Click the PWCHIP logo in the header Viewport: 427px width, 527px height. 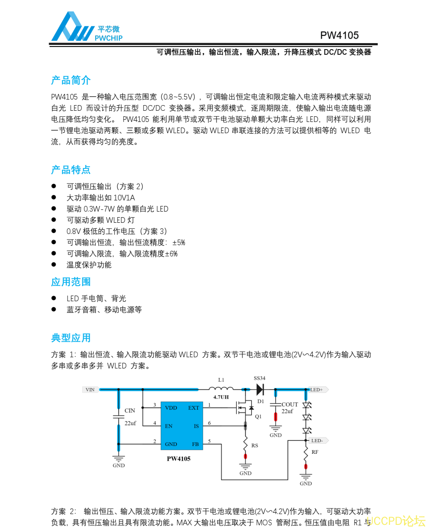pos(87,27)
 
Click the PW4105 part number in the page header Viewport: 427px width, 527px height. pos(339,35)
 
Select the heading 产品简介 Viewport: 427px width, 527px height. pos(71,80)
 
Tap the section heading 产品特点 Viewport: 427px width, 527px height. pos(71,170)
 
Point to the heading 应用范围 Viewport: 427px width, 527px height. pos(71,282)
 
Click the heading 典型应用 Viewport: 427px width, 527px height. pos(71,338)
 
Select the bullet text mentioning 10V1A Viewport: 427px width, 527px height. pos(100,198)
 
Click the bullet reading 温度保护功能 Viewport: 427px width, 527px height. pos(89,265)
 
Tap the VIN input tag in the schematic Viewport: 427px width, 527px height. pos(90,390)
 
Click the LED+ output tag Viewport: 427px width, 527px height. pos(317,390)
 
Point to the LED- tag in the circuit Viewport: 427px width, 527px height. pos(317,440)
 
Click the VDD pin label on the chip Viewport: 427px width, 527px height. pos(171,408)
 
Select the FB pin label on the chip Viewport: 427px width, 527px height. pos(196,444)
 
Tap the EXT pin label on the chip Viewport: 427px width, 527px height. pos(193,408)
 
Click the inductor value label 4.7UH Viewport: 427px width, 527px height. pos(221,397)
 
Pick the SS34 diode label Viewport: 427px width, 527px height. pos(259,378)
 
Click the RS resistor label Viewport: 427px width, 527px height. pos(255,445)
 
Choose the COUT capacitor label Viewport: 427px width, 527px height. pos(290,405)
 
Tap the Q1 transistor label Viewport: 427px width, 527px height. pos(258,417)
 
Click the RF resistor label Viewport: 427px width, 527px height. pos(315,452)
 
